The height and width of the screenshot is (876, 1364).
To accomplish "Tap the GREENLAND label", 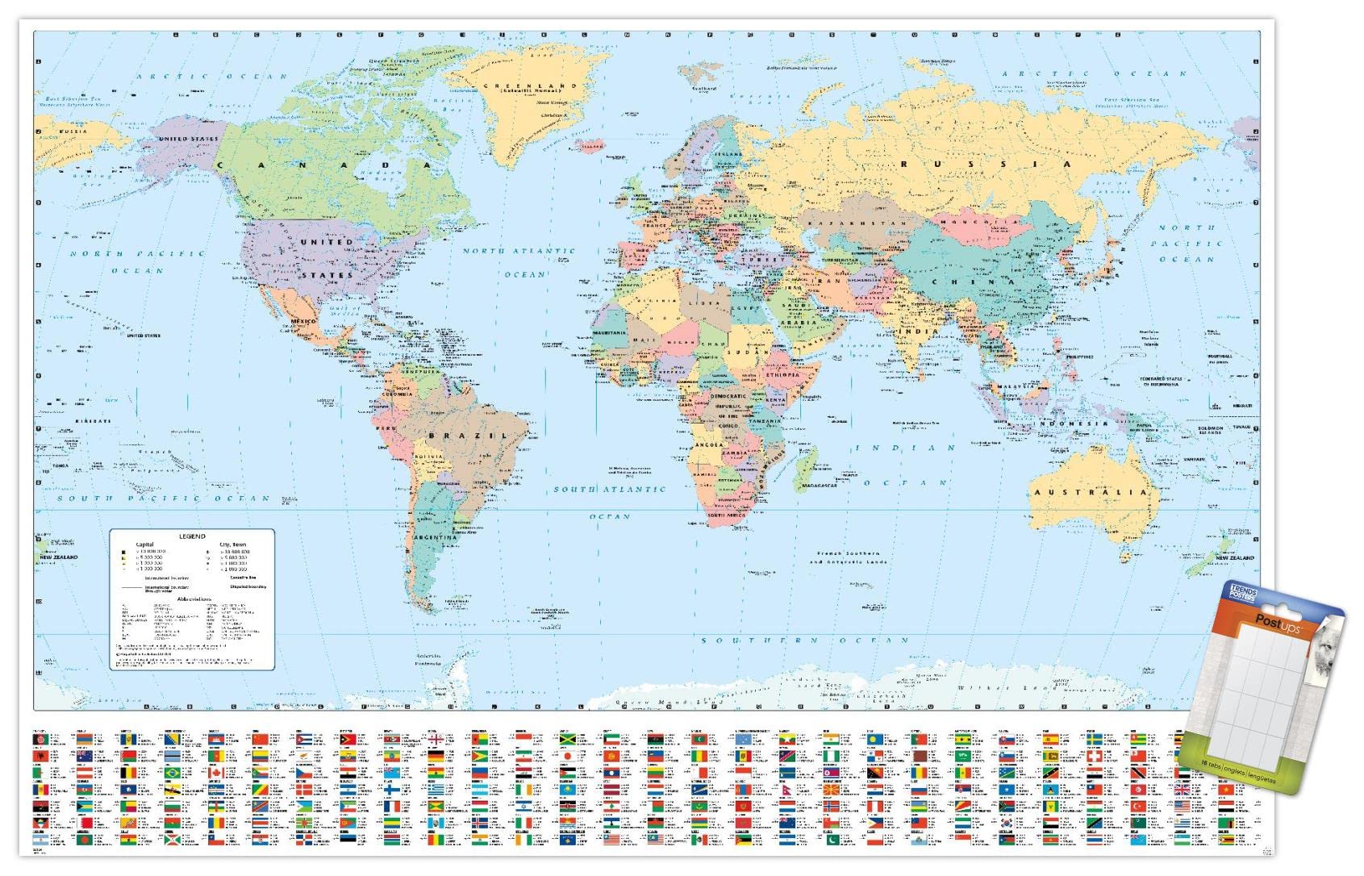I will click(530, 86).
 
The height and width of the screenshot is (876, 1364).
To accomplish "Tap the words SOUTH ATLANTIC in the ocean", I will click(609, 490).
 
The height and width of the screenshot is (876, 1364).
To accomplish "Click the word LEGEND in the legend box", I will click(192, 536).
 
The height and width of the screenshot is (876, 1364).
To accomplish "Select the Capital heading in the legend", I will click(144, 545).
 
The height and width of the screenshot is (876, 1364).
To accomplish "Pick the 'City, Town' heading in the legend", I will click(234, 545).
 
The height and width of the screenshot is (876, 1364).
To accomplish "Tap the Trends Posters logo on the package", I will click(1241, 594).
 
